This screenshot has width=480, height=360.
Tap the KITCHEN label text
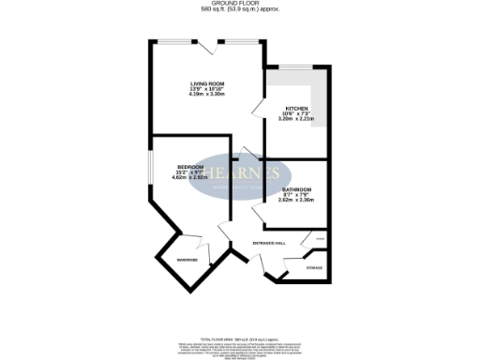(296, 109)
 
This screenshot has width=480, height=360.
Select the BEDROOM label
(190, 167)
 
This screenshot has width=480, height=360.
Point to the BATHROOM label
(296, 189)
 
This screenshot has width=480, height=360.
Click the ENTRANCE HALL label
(269, 243)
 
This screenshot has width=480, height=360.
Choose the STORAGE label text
(314, 268)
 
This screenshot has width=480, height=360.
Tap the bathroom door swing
(268, 216)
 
